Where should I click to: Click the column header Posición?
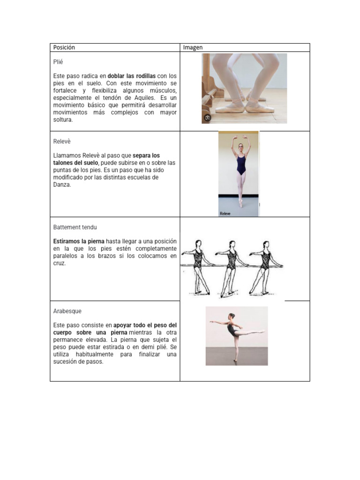[x=64, y=47]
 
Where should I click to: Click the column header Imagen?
[x=193, y=47]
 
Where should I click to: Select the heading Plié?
[x=58, y=62]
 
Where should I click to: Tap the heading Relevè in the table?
[x=62, y=142]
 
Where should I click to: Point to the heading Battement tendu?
[x=75, y=227]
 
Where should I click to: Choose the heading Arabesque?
[x=67, y=311]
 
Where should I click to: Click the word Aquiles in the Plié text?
[x=144, y=98]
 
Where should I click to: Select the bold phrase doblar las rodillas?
[x=132, y=76]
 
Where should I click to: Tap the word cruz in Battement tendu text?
[x=60, y=263]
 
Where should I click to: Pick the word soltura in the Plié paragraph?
[x=63, y=120]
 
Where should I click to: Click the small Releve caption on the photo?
[x=225, y=214]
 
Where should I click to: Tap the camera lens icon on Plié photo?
[x=207, y=118]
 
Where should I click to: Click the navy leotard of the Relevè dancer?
[x=241, y=165]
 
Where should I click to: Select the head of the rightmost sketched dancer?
[x=266, y=244]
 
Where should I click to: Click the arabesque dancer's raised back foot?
[x=262, y=331]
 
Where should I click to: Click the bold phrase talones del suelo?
[x=75, y=163]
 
